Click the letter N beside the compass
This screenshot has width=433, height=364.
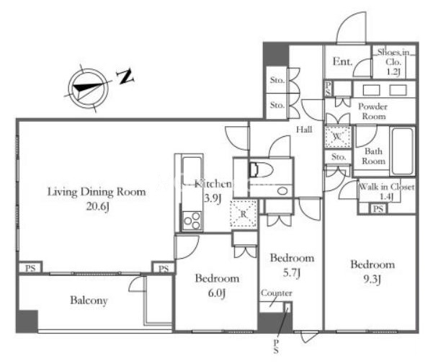pyautogui.click(x=125, y=77)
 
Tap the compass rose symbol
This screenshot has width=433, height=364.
pyautogui.click(x=88, y=89)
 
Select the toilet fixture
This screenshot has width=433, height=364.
pyautogui.click(x=261, y=169)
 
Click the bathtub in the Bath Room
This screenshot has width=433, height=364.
pyautogui.click(x=403, y=151)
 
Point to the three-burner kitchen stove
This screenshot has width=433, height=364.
pyautogui.click(x=192, y=221)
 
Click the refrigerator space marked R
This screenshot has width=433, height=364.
pyautogui.click(x=244, y=214)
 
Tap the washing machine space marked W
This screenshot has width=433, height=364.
pyautogui.click(x=338, y=137)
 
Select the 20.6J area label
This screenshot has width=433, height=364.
pyautogui.click(x=98, y=206)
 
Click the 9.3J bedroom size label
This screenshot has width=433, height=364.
pyautogui.click(x=372, y=280)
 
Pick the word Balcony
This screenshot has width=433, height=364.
pyautogui.click(x=89, y=301)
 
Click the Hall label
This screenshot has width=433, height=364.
pyautogui.click(x=304, y=129)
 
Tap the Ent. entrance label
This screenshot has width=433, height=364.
pyautogui.click(x=342, y=61)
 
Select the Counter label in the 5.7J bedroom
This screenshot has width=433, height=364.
pyautogui.click(x=277, y=293)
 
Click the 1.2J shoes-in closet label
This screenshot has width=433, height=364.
pyautogui.click(x=393, y=71)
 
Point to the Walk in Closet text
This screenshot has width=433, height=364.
pyautogui.click(x=387, y=187)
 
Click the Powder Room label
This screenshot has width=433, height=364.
pyautogui.click(x=373, y=111)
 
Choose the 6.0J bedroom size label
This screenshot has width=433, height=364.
pyautogui.click(x=217, y=293)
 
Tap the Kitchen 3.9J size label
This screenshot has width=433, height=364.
pyautogui.click(x=213, y=198)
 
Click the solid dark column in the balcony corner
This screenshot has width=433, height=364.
pyautogui.click(x=27, y=321)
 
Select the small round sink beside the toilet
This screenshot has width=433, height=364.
pyautogui.click(x=282, y=191)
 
